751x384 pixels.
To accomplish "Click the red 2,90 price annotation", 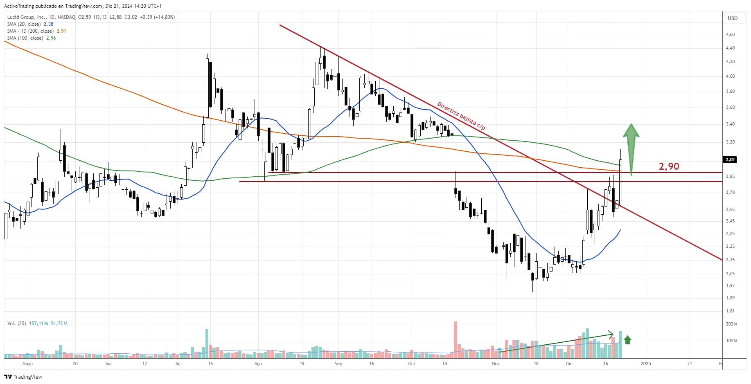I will (x=669, y=166).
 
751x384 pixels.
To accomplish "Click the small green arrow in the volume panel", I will (x=627, y=340).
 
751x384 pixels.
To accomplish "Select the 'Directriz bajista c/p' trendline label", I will (x=461, y=116).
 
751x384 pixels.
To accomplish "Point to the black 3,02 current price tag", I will (x=730, y=159).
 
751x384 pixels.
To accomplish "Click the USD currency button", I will (x=732, y=18).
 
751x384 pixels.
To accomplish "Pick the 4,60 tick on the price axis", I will (x=730, y=34).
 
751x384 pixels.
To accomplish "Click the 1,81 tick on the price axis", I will (x=730, y=311).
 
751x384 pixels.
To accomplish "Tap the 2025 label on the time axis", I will (x=645, y=364).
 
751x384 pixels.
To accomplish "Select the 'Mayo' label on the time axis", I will (x=27, y=364).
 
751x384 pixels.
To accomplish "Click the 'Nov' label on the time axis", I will (x=496, y=364).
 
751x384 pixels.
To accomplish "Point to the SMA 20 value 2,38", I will (x=48, y=24).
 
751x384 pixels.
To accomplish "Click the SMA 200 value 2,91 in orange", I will (x=61, y=31).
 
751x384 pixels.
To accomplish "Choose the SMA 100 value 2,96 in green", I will (x=51, y=38).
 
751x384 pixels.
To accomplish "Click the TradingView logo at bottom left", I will (x=23, y=377).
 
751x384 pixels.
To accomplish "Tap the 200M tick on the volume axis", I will (x=731, y=324).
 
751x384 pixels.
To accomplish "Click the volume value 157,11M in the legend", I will (x=38, y=323).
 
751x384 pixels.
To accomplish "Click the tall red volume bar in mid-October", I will (x=456, y=337).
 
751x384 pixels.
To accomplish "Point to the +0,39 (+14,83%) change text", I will (x=157, y=17).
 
